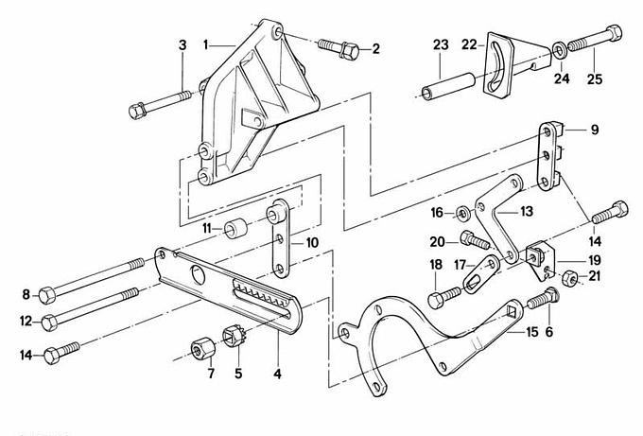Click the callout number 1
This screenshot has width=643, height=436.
pyautogui.click(x=206, y=44)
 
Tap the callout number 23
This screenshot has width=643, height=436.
pyautogui.click(x=441, y=44)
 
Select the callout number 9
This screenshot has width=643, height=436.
pyautogui.click(x=594, y=129)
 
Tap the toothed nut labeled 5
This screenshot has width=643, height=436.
pyautogui.click(x=236, y=338)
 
